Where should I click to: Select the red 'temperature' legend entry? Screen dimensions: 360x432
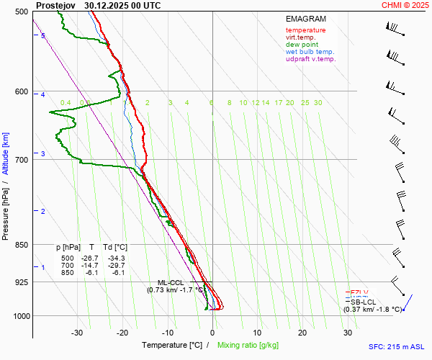(305, 30)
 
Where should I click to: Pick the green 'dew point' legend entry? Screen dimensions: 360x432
(302, 45)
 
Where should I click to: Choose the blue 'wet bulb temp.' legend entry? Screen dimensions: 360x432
(310, 52)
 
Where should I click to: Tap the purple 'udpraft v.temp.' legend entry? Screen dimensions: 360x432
(310, 59)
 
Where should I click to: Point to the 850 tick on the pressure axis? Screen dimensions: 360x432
(21, 245)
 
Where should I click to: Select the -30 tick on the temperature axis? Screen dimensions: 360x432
(77, 333)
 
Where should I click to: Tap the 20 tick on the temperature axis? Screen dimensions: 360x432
(302, 333)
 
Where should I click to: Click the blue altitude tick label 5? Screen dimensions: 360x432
(43, 35)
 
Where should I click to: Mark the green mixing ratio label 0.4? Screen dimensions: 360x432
(66, 103)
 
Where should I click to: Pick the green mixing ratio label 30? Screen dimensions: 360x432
(318, 103)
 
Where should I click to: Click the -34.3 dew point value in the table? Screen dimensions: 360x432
(115, 258)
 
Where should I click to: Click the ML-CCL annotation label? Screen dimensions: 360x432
(171, 282)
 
